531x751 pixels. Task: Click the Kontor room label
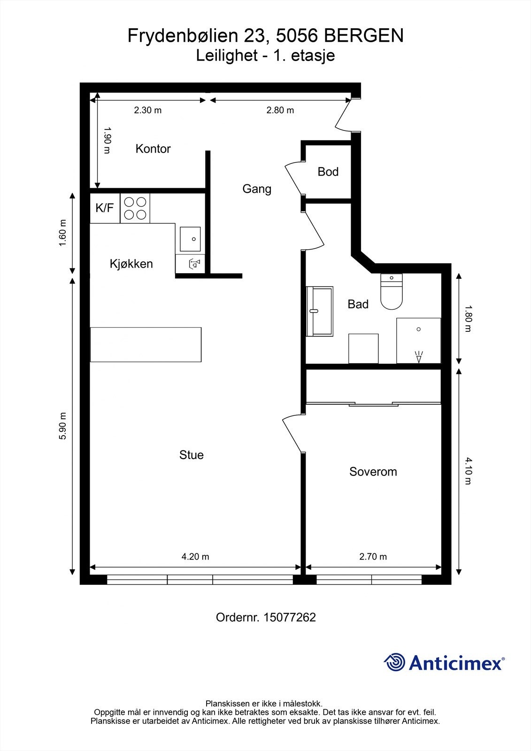click(x=153, y=149)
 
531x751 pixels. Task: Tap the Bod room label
click(x=328, y=172)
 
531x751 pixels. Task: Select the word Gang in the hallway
click(x=256, y=189)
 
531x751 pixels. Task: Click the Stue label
click(x=191, y=455)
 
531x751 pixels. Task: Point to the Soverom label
click(x=373, y=472)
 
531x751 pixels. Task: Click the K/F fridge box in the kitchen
click(x=104, y=208)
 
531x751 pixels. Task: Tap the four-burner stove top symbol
click(x=135, y=208)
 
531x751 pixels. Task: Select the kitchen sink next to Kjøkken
click(x=190, y=239)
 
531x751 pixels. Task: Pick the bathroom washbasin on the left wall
click(x=320, y=311)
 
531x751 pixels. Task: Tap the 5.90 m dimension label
click(x=62, y=426)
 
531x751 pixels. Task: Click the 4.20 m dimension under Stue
click(x=195, y=557)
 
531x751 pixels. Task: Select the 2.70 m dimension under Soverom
click(x=373, y=557)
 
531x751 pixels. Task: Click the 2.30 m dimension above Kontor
click(x=147, y=110)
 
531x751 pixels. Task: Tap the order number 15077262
click(x=290, y=617)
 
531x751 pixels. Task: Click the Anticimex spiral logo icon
click(x=394, y=662)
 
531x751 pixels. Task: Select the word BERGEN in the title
click(x=363, y=36)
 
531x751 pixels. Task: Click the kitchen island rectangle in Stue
click(x=146, y=345)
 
